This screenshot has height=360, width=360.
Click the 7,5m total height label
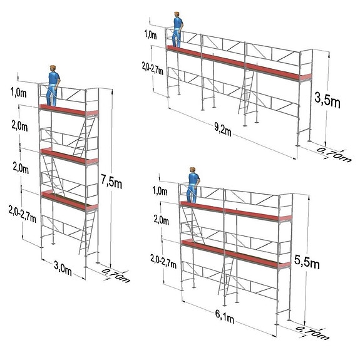pos(111,182)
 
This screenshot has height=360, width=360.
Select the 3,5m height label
pos(327,100)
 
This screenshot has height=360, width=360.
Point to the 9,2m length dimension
pos(223,130)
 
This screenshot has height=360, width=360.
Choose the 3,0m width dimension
pos(63,268)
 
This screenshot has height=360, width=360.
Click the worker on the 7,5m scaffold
pos(53,86)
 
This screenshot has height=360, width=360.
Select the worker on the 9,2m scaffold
pos(177,29)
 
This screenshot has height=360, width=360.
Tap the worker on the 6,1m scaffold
pos(193,185)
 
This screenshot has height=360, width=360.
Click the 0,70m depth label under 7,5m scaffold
pos(115,275)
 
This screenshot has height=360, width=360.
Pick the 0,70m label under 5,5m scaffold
pos(312,333)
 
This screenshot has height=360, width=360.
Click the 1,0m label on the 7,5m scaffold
pos(19,93)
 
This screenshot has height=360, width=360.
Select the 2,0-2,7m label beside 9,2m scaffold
pos(152,68)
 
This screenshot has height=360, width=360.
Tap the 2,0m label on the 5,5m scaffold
pos(161,220)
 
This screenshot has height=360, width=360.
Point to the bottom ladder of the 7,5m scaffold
pos(87,232)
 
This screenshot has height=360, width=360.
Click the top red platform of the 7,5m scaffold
pos(69,110)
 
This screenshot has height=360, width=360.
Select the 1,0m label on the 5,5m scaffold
pos(160,191)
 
